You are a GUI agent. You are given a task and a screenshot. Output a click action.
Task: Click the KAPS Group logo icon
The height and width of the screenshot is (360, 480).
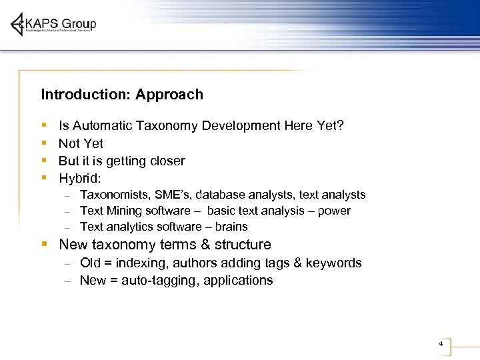(x=19, y=25)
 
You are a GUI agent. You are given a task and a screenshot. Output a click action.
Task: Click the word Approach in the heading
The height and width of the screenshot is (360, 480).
(x=169, y=95)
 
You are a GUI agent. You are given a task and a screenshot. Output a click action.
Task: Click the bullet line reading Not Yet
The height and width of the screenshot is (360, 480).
(x=81, y=143)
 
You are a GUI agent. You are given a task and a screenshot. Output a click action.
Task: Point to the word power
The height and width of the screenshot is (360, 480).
(x=335, y=211)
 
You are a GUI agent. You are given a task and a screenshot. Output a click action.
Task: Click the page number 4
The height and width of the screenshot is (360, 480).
(x=441, y=344)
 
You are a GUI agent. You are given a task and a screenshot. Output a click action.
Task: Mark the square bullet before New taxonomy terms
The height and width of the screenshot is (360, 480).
(x=44, y=244)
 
